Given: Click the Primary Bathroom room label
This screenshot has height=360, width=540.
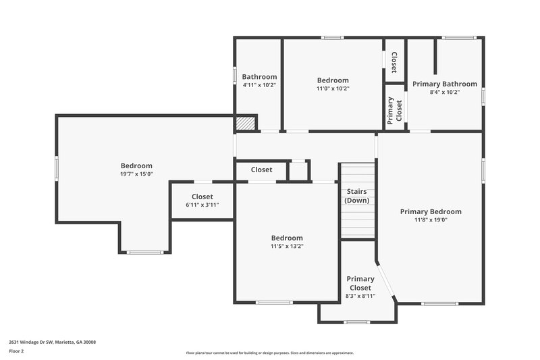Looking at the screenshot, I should coord(445,84).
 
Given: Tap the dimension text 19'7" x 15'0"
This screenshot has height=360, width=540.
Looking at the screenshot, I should coord(136,174).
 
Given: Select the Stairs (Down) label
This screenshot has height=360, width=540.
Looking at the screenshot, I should coord(356,196).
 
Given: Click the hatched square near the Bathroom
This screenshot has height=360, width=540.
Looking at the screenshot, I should coord(245,124).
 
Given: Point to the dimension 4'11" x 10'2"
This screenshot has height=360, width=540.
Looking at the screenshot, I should coord(259,85).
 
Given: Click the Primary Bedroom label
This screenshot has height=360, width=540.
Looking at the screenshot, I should coord(430,211).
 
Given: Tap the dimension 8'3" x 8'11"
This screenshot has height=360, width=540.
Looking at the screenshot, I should coord(360,296).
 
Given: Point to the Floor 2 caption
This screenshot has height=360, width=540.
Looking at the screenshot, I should coord(17,351).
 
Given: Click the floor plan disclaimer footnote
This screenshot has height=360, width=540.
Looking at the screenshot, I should coord(269,353).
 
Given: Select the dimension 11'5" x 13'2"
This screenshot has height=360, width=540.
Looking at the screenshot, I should coord(287,246).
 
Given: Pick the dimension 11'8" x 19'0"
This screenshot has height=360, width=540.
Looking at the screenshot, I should coord(430,220).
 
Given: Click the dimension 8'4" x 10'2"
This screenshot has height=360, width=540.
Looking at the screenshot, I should coord(445,93).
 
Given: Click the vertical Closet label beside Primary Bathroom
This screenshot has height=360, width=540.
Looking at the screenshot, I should coord(394,61).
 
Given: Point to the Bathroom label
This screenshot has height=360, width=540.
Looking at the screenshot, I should coord(259,77).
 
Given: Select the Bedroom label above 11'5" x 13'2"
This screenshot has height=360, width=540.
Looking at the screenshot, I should coord(287,238).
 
